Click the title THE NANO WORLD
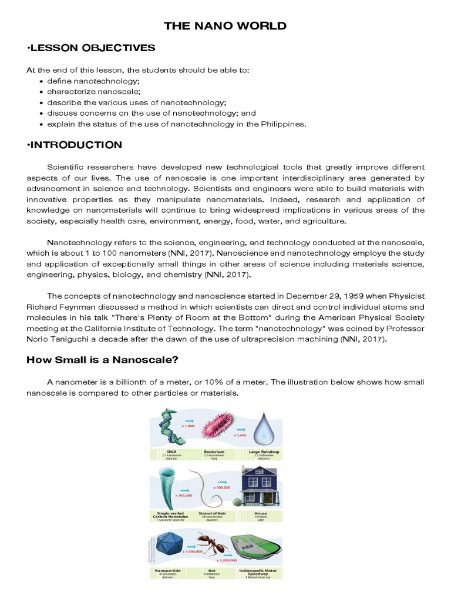225,26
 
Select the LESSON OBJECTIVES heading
91,48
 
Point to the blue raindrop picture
260,427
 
